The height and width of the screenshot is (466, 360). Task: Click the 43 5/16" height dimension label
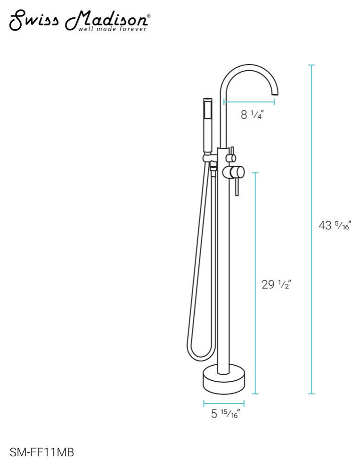pyautogui.click(x=335, y=225)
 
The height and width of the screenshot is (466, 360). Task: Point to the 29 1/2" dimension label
pyautogui.click(x=276, y=284)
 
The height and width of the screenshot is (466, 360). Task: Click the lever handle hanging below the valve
pyautogui.click(x=237, y=186)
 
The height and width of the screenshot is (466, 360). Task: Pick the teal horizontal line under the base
pyautogui.click(x=224, y=403)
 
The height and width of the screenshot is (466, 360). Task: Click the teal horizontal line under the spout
pyautogui.click(x=249, y=101)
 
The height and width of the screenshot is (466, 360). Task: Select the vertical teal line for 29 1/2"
pyautogui.click(x=255, y=283)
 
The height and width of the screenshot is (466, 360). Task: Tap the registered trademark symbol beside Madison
pyautogui.click(x=149, y=16)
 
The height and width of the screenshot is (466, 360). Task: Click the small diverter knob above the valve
pyautogui.click(x=232, y=157)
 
